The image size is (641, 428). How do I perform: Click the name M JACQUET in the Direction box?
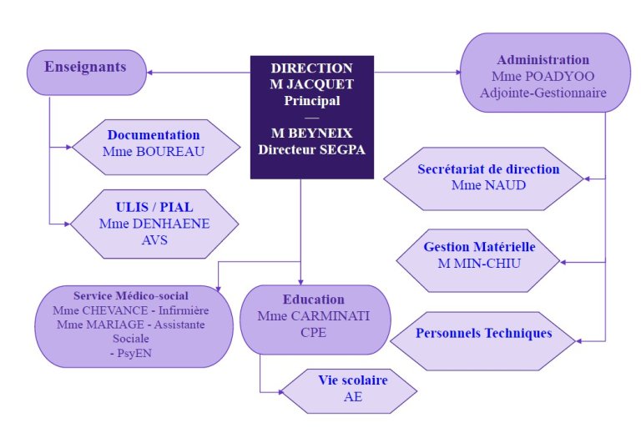click(311, 84)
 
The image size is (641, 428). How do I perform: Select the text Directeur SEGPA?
click(311, 149)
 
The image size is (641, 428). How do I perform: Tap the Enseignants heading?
click(85, 67)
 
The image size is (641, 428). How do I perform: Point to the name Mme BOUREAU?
click(154, 152)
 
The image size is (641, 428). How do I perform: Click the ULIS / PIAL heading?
click(154, 207)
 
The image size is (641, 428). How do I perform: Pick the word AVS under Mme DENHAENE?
click(154, 240)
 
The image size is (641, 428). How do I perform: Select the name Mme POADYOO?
click(543, 77)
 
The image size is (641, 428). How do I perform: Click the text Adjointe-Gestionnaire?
click(543, 93)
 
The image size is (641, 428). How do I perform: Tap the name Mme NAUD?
click(488, 185)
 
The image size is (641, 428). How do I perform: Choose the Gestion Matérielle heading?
click(479, 247)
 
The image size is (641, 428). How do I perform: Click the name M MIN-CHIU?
click(479, 264)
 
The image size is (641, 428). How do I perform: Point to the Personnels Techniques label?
click(483, 333)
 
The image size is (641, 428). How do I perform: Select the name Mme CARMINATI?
click(314, 316)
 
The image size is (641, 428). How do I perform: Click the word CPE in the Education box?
click(314, 332)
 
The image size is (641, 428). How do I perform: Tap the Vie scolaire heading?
click(353, 380)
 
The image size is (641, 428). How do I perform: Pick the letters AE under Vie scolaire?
click(353, 396)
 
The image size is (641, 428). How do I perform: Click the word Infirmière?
click(184, 310)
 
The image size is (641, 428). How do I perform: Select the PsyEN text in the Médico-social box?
click(134, 353)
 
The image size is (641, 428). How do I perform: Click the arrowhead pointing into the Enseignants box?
click(149, 73)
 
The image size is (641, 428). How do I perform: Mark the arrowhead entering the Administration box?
click(458, 73)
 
